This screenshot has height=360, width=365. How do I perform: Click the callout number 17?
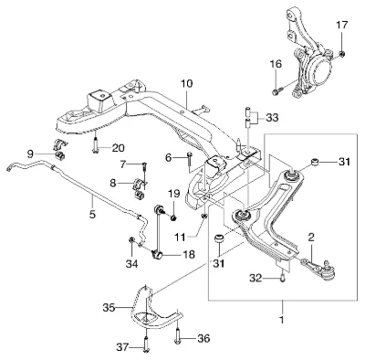click(341, 25)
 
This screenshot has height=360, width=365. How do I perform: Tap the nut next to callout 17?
click(342, 54)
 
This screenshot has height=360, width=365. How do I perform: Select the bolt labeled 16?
click(276, 90)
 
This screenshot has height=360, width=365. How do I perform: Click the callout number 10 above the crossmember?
click(187, 83)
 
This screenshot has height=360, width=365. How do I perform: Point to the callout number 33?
click(272, 118)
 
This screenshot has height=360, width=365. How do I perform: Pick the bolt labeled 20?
click(95, 144)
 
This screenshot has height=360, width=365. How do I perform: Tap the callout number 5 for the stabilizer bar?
click(92, 215)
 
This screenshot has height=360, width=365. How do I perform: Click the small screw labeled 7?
click(144, 166)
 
